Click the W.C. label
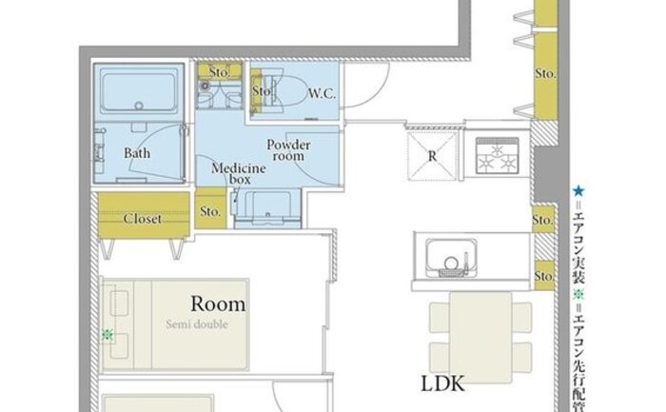tap(322, 93)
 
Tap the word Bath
tap(137, 153)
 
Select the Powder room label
tap(288, 150)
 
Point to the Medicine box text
tap(239, 174)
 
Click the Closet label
tap(143, 219)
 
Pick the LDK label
tap(442, 383)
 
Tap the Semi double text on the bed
tap(197, 324)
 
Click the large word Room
tap(218, 304)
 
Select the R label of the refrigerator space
tap(432, 156)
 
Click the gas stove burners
tap(497, 156)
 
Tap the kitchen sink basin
tap(451, 257)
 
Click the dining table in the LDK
tap(480, 338)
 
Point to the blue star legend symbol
tap(578, 190)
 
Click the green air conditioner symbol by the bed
tap(108, 335)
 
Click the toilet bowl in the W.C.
tap(288, 91)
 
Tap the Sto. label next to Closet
tap(210, 211)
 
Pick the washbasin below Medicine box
tap(268, 208)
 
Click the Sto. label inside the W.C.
tap(261, 91)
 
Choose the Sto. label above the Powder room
tap(219, 72)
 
